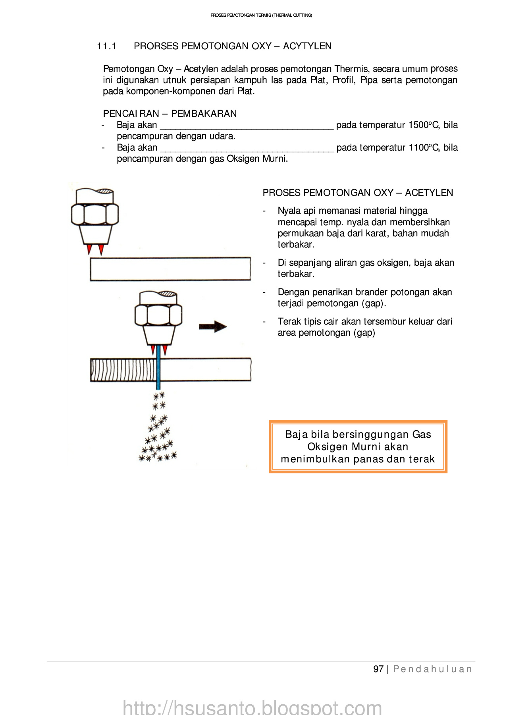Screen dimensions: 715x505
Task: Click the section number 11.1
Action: [106, 46]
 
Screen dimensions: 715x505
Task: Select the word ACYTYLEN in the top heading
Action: [307, 46]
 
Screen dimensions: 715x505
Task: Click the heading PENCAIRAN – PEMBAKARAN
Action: [170, 114]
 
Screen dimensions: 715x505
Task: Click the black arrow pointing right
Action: [213, 327]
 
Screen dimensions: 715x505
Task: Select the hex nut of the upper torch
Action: [95, 214]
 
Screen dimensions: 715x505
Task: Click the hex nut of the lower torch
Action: [158, 315]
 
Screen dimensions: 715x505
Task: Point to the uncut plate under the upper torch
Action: [170, 269]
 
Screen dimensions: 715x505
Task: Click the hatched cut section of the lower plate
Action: [123, 370]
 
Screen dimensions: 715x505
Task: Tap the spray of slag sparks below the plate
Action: [158, 433]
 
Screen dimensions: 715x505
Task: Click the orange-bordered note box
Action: [358, 446]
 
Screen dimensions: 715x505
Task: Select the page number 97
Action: [378, 669]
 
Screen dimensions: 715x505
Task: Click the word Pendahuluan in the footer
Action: [432, 669]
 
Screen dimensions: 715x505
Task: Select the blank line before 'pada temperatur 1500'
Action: [247, 126]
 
